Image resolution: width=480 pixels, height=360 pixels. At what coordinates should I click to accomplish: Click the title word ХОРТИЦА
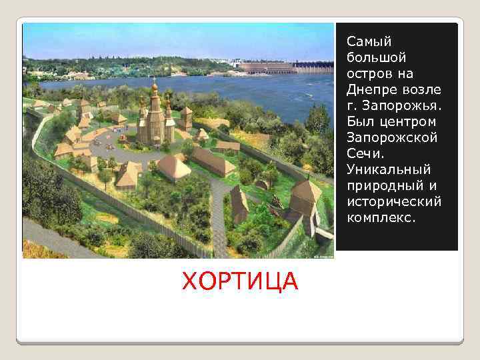(240, 281)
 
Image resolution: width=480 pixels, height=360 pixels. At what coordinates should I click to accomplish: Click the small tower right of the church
(186, 117)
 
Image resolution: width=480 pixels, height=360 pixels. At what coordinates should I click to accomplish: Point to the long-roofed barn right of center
(214, 161)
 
